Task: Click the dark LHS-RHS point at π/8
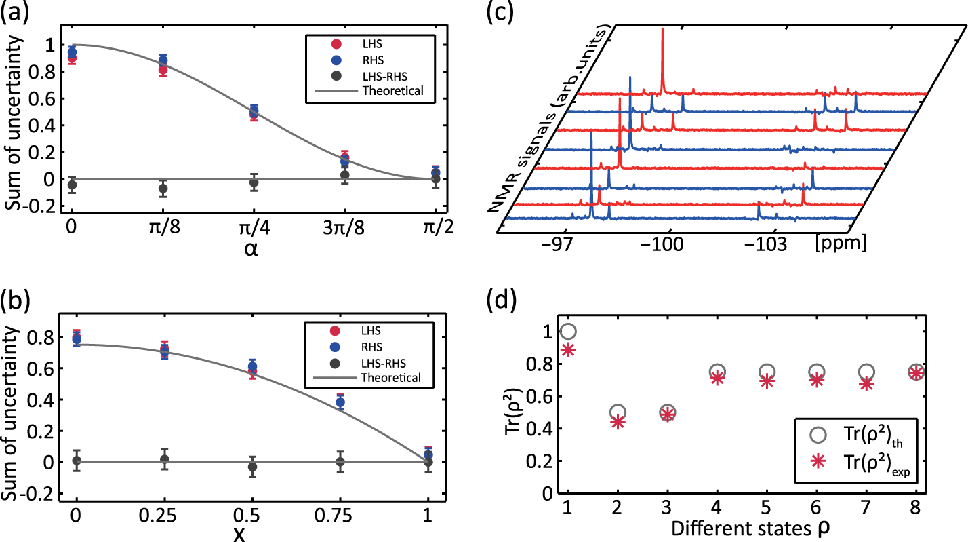click(x=163, y=189)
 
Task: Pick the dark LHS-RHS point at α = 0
click(x=72, y=185)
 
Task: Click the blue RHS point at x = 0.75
click(x=340, y=402)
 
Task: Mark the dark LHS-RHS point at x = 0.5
click(x=253, y=467)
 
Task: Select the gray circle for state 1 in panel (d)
click(x=568, y=332)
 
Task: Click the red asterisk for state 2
click(x=618, y=422)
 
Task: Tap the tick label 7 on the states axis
click(x=866, y=510)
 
